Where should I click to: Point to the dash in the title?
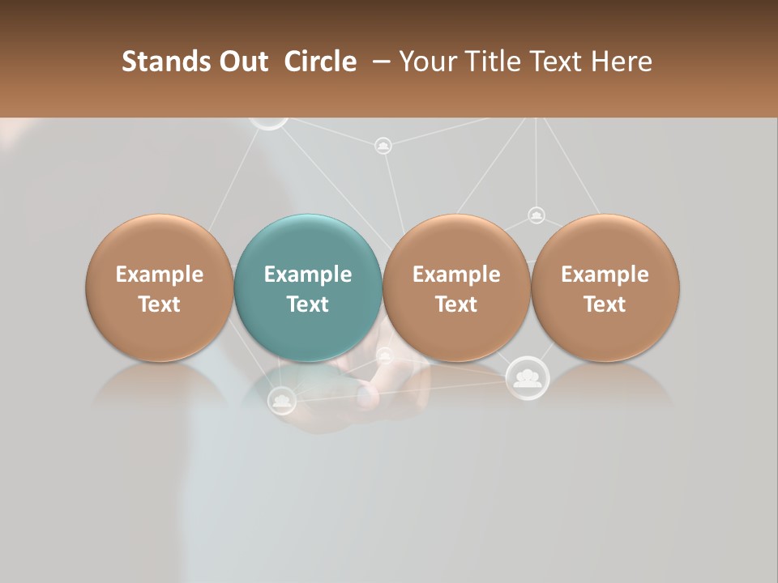click(378, 62)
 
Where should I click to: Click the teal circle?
click(308, 287)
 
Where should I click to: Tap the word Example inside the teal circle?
click(308, 274)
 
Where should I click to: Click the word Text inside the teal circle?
click(308, 304)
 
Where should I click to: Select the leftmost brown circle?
click(159, 287)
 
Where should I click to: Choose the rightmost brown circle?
click(605, 287)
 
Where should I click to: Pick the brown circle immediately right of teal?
click(456, 287)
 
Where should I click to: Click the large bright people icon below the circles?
click(528, 377)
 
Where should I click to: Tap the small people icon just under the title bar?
click(383, 146)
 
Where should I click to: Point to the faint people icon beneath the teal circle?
click(281, 399)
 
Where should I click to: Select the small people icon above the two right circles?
click(536, 215)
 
